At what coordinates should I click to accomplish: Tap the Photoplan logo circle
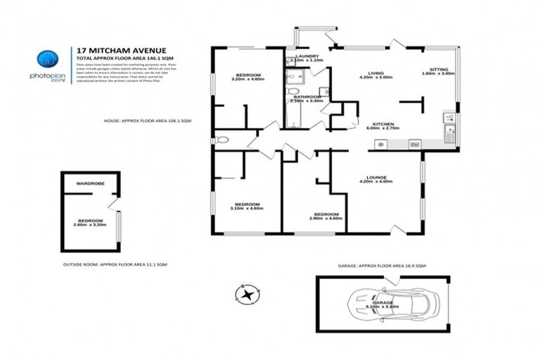tap(47, 60)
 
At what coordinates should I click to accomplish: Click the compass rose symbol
tap(247, 293)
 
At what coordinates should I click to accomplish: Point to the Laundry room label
tap(307, 57)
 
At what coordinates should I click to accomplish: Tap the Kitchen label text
tap(382, 125)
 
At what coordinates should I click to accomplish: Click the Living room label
tap(375, 75)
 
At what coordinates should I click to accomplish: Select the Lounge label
tap(375, 179)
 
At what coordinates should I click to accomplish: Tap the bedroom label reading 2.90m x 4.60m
tap(327, 216)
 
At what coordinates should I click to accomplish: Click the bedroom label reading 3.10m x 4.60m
tap(247, 205)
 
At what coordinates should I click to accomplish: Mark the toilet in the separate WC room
tap(221, 140)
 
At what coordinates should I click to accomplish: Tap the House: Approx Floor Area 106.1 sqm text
tap(147, 121)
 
